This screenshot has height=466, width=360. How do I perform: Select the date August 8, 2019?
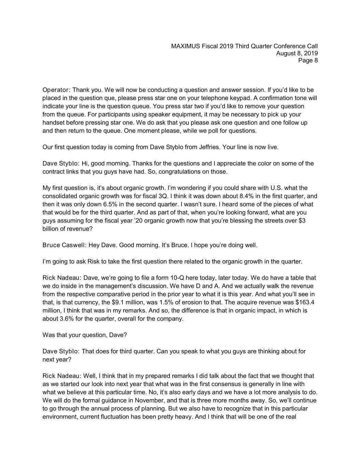click(297, 53)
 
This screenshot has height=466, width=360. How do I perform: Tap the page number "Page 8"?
click(308, 60)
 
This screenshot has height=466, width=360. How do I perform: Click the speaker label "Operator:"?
click(56, 90)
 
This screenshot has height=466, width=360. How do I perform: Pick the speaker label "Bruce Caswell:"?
click(64, 245)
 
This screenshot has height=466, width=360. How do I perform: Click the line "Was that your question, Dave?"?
click(85, 335)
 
